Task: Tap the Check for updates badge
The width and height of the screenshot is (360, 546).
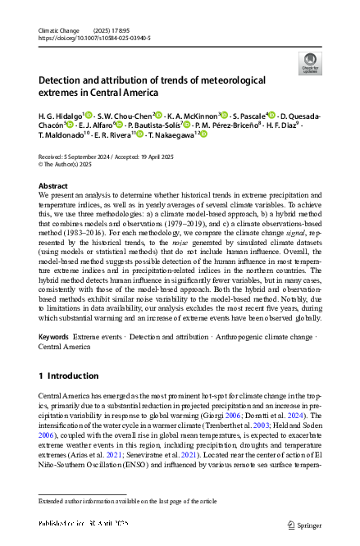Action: coord(310,64)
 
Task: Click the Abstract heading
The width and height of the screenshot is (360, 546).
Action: coord(53,187)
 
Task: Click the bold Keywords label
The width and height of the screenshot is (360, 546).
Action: coord(53,338)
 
